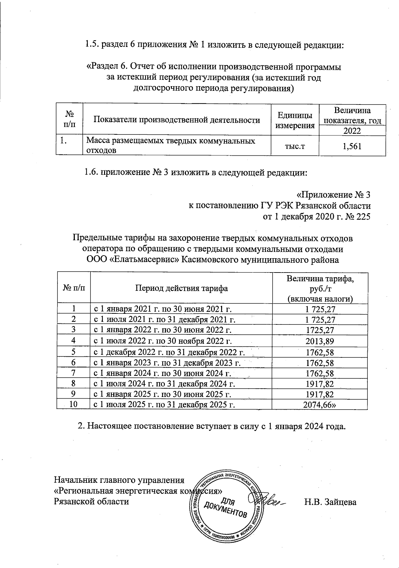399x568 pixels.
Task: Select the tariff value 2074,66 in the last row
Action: tap(320, 405)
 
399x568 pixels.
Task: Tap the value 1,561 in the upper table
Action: tap(352, 146)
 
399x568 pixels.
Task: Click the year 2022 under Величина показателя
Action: tap(352, 131)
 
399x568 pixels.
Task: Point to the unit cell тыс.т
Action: tap(295, 146)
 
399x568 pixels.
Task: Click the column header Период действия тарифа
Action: tap(181, 288)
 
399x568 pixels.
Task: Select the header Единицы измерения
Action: tap(295, 120)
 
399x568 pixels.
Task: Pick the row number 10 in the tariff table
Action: tap(73, 405)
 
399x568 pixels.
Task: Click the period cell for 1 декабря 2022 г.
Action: tap(170, 352)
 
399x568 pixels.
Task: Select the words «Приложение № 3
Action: tap(333, 195)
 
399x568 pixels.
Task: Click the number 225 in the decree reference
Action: tap(363, 217)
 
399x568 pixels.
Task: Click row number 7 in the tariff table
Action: tap(73, 373)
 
